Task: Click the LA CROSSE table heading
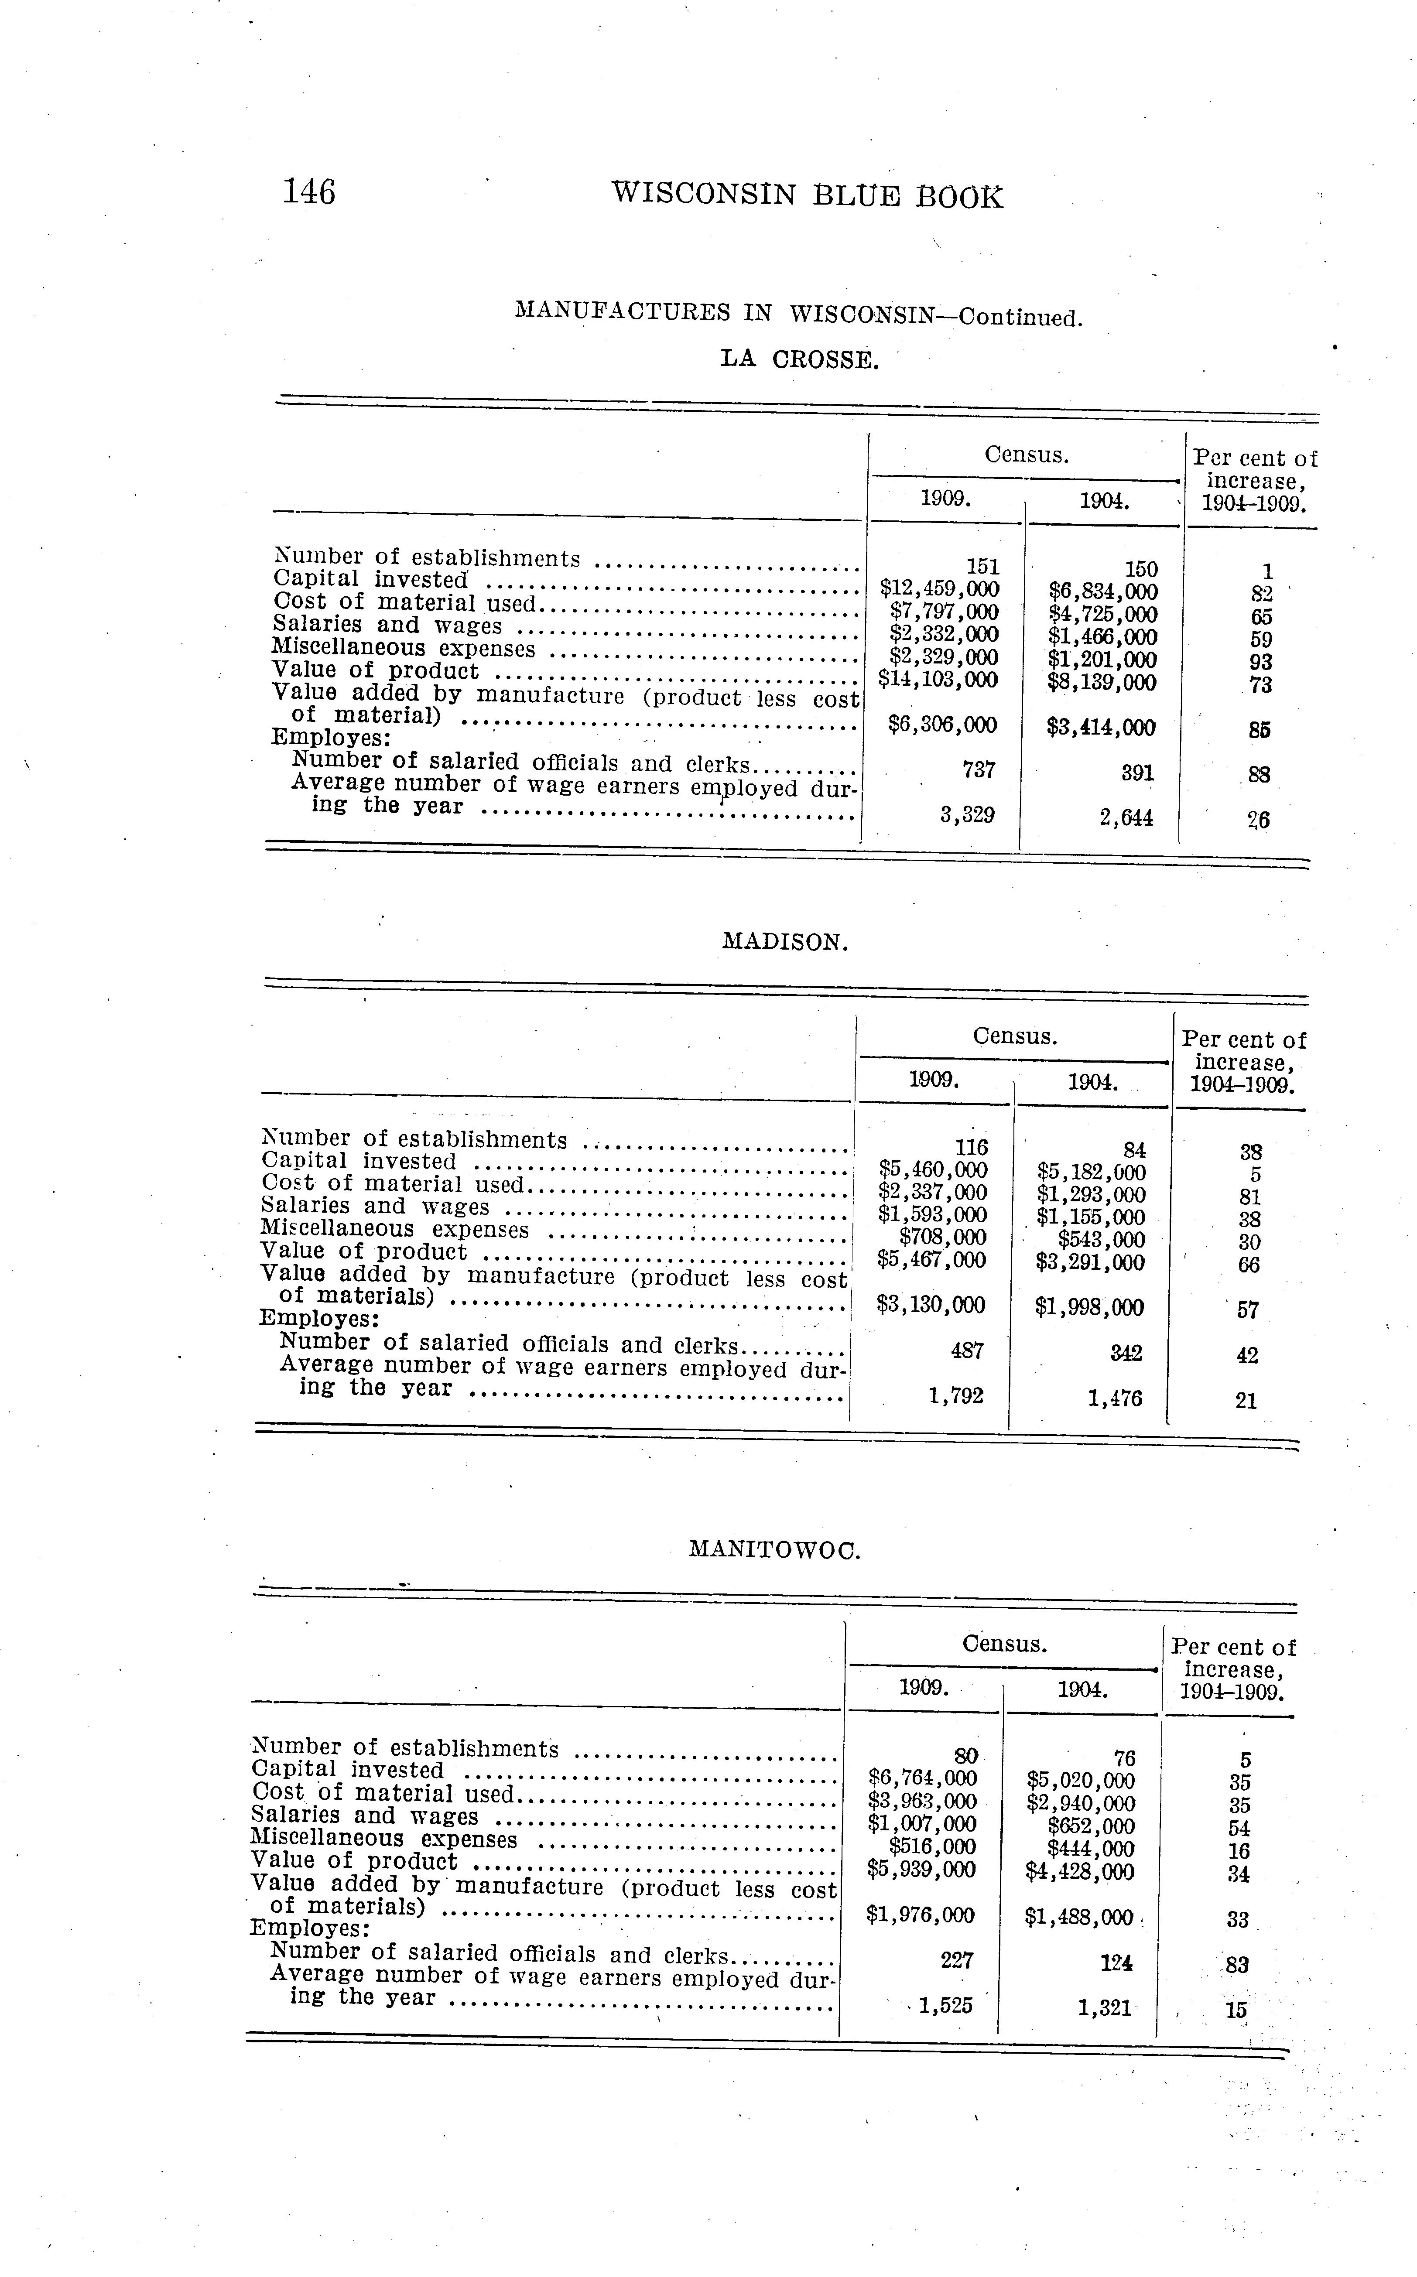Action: (799, 359)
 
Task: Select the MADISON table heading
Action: (785, 942)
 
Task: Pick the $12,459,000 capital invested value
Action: (939, 589)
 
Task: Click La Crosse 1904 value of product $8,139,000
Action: (1102, 682)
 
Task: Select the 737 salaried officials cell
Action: (979, 770)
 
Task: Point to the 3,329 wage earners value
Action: (967, 815)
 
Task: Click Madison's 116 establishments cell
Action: (971, 1148)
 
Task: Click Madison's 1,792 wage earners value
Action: (956, 1396)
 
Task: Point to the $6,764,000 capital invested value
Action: (923, 1778)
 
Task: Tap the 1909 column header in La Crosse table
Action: (945, 498)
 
